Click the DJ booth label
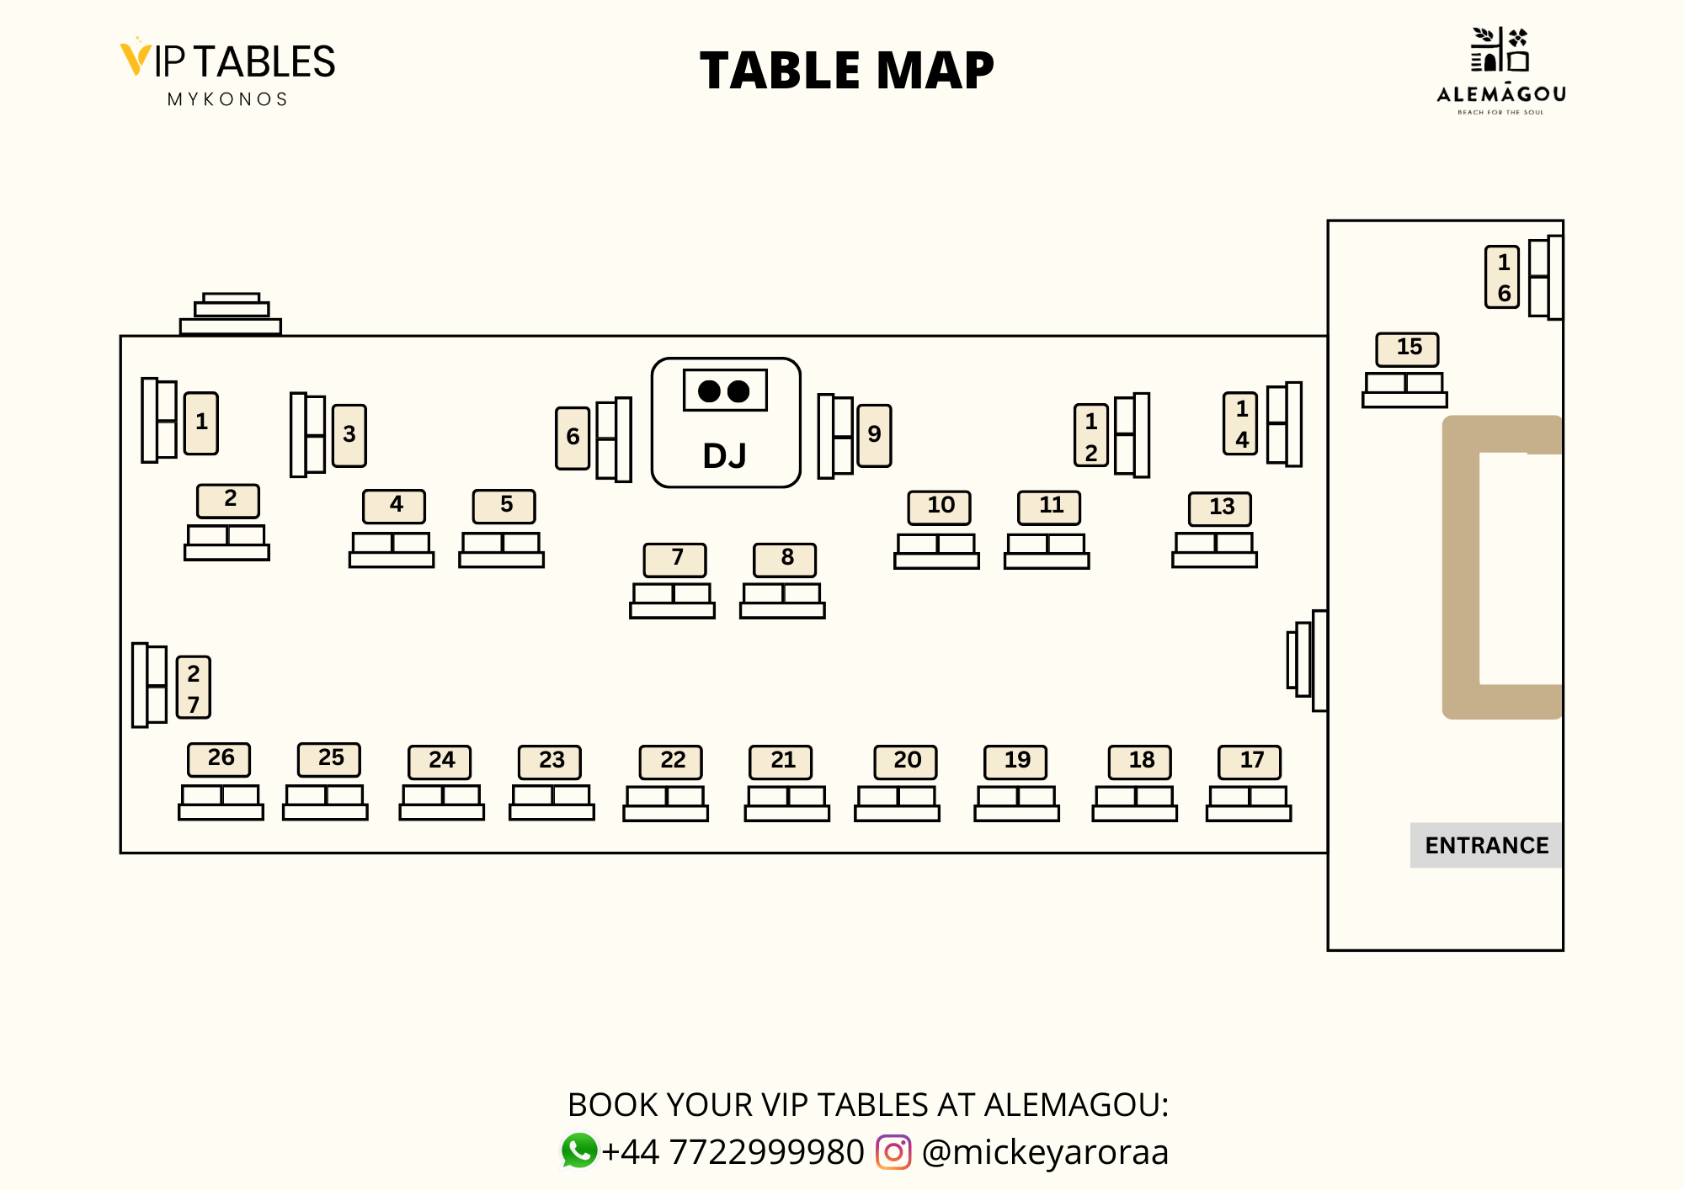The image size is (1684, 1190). point(725,455)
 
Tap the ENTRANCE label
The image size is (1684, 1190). point(1486,845)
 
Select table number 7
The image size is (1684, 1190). point(675,559)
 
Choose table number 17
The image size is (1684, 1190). point(1250,762)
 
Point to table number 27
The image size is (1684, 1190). point(194,688)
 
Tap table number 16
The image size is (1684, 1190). point(1502,277)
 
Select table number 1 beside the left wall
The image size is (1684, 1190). point(201,423)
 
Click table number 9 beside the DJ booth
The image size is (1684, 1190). point(874,435)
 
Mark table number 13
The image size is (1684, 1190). point(1220,508)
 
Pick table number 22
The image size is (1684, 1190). point(671,762)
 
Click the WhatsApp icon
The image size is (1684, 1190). point(579,1150)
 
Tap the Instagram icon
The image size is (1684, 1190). point(893,1151)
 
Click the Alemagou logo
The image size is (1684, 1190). point(1500,72)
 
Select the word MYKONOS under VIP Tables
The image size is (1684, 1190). point(228,99)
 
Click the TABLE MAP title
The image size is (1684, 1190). point(846,70)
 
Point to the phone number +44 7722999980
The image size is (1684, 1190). point(733,1151)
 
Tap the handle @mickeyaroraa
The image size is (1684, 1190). point(1045,1151)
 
